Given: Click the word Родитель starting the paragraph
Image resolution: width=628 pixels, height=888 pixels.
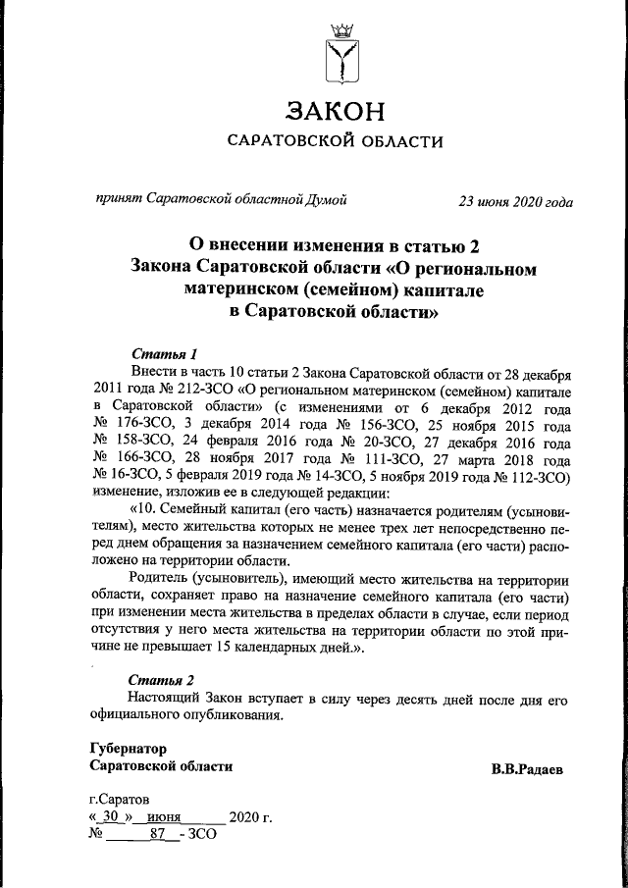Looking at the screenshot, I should coord(159,580).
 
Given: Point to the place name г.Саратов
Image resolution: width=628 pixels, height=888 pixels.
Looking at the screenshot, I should coord(120,800).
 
